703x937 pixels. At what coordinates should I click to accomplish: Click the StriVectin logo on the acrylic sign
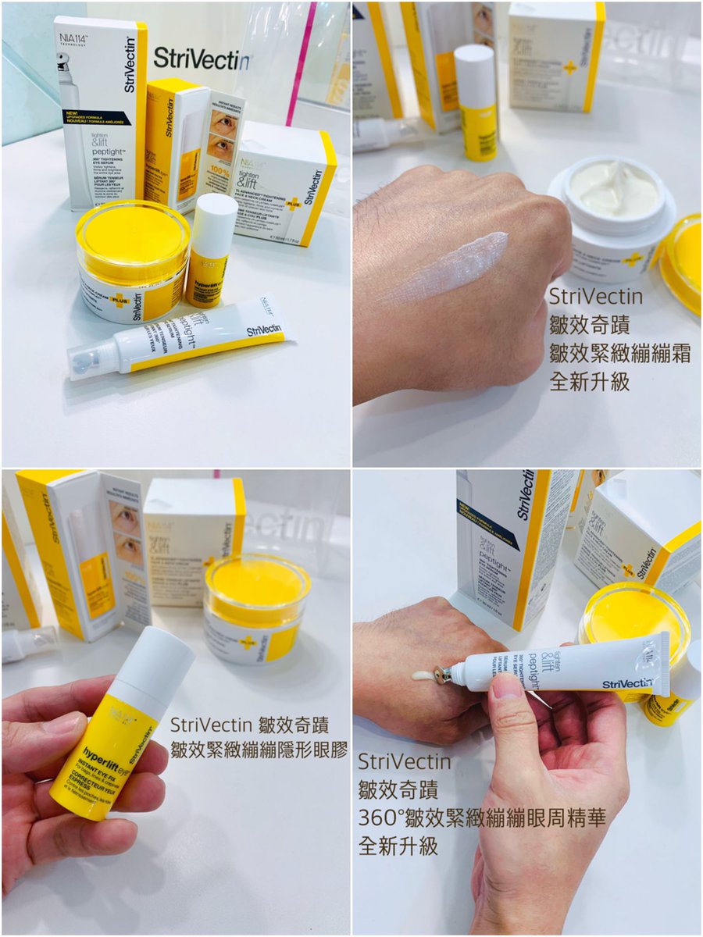tap(201, 59)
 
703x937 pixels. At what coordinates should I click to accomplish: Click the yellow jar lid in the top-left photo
tap(133, 235)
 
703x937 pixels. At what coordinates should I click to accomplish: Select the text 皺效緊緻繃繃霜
tap(619, 354)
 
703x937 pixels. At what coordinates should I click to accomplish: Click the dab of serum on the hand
tap(421, 675)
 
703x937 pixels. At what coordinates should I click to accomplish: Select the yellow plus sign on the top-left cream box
tap(294, 205)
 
